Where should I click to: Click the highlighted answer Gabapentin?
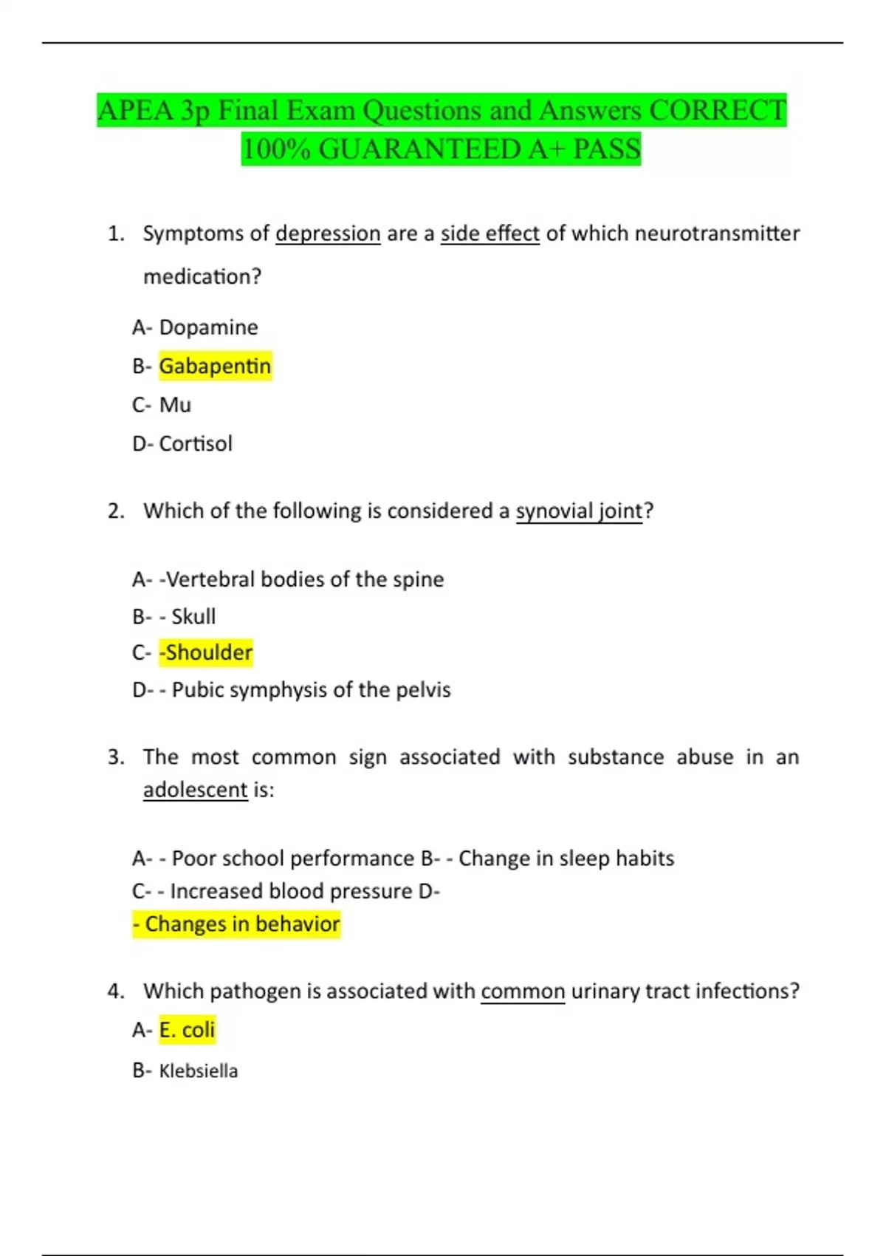pyautogui.click(x=215, y=366)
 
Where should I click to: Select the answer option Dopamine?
pyautogui.click(x=208, y=327)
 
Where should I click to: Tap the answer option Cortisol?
pyautogui.click(x=196, y=444)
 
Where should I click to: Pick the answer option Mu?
pyautogui.click(x=175, y=405)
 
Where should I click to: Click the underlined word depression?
pyautogui.click(x=328, y=233)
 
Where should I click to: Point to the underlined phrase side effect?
pyautogui.click(x=490, y=233)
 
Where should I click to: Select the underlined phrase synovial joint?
pyautogui.click(x=579, y=511)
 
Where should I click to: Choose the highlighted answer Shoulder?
pyautogui.click(x=207, y=653)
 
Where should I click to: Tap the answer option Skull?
pyautogui.click(x=193, y=616)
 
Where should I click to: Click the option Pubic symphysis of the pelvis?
pyautogui.click(x=311, y=690)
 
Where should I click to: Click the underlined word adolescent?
pyautogui.click(x=195, y=790)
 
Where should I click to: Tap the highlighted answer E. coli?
pyautogui.click(x=187, y=1030)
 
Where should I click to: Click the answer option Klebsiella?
pyautogui.click(x=199, y=1071)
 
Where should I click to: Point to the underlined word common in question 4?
pyautogui.click(x=523, y=992)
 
